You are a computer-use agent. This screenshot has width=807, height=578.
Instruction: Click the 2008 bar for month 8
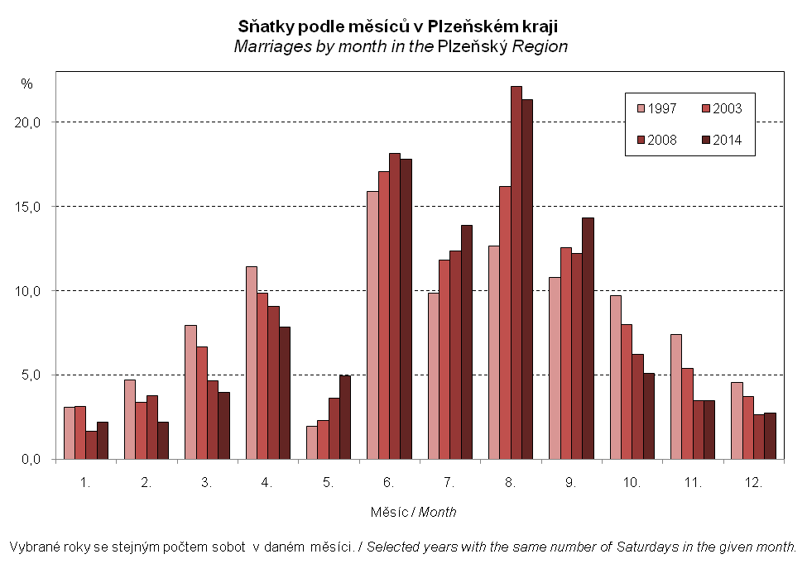(516, 273)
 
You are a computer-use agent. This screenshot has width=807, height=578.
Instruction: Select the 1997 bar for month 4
(252, 362)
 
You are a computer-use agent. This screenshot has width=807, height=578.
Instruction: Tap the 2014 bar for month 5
(345, 417)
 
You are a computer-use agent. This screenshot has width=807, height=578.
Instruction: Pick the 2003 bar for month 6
(384, 315)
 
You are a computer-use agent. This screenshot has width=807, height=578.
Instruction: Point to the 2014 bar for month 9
(588, 338)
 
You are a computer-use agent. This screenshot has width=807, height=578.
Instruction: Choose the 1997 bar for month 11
(676, 396)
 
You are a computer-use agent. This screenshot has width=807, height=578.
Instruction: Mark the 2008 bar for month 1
(91, 445)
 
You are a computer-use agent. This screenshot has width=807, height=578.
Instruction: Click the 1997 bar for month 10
(616, 377)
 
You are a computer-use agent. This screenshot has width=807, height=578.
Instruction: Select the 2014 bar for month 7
(467, 342)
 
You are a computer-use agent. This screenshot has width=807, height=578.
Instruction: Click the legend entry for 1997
(656, 108)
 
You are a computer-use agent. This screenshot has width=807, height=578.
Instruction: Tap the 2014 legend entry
(722, 140)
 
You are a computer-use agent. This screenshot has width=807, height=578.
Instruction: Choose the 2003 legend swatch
(706, 108)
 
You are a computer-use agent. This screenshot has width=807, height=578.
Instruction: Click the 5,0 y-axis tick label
(31, 375)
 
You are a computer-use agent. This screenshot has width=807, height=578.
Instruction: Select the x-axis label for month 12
(753, 482)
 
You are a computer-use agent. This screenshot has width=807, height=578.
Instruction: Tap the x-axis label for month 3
(206, 482)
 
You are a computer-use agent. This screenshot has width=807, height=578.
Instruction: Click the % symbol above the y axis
(26, 84)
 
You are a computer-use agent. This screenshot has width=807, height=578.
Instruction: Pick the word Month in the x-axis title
(438, 512)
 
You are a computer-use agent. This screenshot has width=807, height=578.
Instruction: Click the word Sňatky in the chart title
(266, 26)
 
